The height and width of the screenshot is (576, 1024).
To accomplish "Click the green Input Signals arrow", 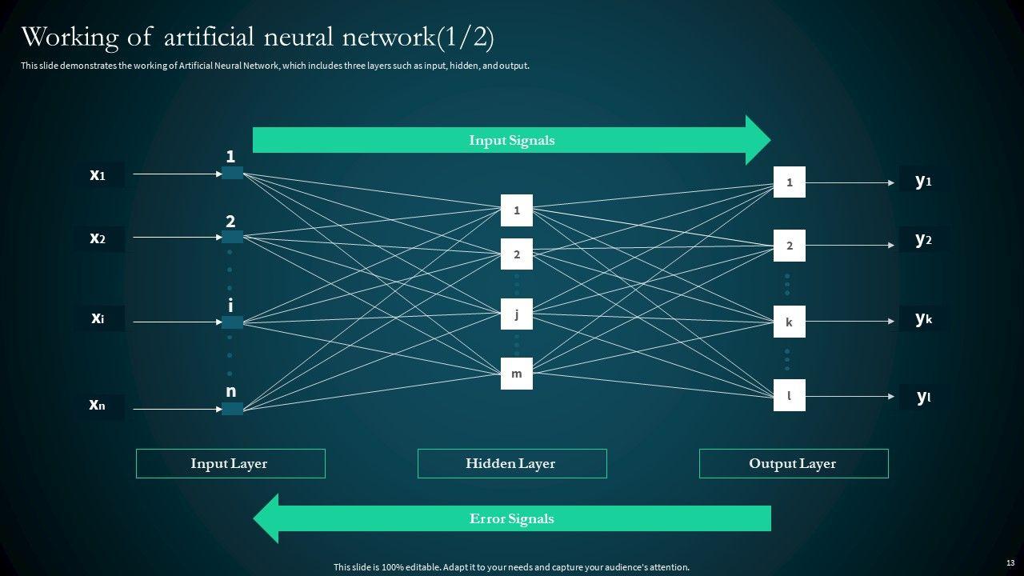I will tap(511, 140).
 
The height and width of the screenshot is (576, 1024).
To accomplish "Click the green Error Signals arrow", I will tap(511, 518).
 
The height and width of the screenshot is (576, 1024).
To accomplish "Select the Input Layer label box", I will tap(230, 463).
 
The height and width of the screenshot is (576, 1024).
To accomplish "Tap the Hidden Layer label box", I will tap(512, 463).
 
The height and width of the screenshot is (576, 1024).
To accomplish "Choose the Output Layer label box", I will tap(794, 463).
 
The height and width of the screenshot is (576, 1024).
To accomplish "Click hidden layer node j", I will tap(517, 314).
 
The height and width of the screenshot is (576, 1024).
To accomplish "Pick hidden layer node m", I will tap(517, 374).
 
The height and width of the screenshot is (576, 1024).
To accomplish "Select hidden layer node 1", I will tap(517, 210).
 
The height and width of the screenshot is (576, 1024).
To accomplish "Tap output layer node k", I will tap(789, 322).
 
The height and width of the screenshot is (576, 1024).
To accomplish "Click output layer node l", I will tap(789, 395).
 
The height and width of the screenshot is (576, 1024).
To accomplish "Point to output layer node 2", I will tap(789, 246).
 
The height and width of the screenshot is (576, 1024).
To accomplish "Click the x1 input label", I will tap(98, 174).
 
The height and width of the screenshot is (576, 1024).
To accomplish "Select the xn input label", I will tap(98, 406).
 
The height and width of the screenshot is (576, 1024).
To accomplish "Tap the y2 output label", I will tap(923, 238).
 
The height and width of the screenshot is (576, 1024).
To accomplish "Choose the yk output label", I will tap(923, 318).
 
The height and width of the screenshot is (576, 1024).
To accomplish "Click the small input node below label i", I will tap(232, 322).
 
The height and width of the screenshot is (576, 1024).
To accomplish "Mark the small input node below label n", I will tap(232, 409).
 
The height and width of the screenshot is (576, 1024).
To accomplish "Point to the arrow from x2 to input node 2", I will tap(172, 238).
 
